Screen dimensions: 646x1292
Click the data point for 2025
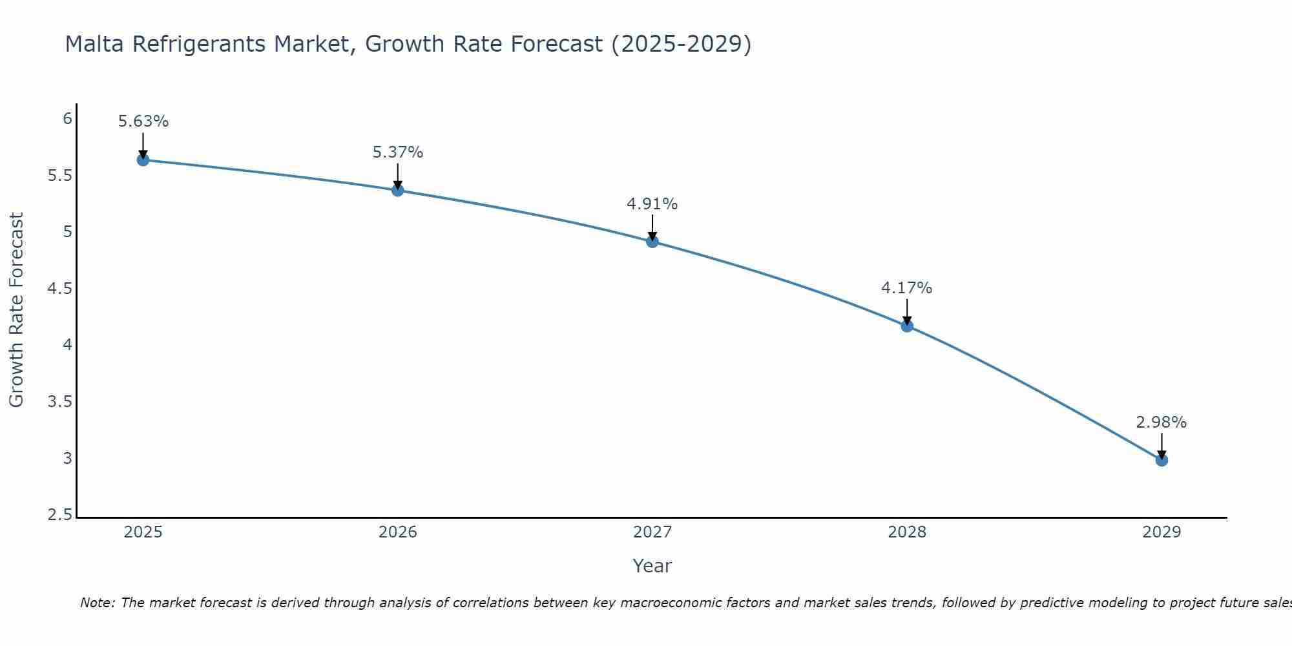(x=143, y=160)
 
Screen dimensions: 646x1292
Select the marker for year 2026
(x=398, y=190)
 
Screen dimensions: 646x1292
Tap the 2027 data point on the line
(x=652, y=242)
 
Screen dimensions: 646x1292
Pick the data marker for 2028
(x=907, y=326)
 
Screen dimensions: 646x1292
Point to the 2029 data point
(x=1162, y=460)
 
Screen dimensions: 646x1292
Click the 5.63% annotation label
(x=143, y=121)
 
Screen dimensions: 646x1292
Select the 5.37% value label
(x=398, y=152)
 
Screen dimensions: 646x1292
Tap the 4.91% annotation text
(x=652, y=204)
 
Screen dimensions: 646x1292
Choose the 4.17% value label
(x=907, y=288)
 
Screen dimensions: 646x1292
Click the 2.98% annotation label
(x=1162, y=422)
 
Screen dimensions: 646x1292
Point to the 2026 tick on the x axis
(x=398, y=532)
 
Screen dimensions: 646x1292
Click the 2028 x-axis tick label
(x=907, y=532)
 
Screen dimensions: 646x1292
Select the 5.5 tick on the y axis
(x=59, y=176)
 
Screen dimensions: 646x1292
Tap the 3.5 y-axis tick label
(x=59, y=402)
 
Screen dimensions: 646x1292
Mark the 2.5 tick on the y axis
(x=59, y=515)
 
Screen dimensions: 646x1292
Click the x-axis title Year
(x=652, y=566)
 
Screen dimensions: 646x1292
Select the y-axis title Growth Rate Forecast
(x=16, y=310)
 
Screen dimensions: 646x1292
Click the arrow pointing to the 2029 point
(x=1162, y=446)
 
